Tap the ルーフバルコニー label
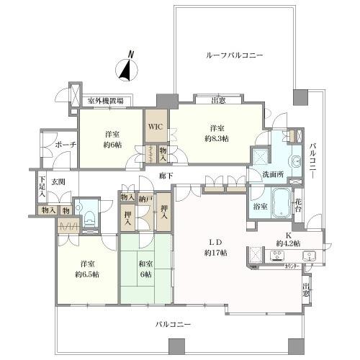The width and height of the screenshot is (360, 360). [x=234, y=55]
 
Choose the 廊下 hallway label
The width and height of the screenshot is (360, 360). [x=166, y=175]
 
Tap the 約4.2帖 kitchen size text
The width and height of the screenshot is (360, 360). [x=287, y=242]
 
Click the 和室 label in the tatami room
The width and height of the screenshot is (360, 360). [x=145, y=264]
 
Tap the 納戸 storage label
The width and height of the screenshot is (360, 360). [x=146, y=197]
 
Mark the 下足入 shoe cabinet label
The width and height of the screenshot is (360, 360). [x=42, y=189]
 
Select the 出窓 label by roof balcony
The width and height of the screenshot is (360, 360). [x=211, y=101]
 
